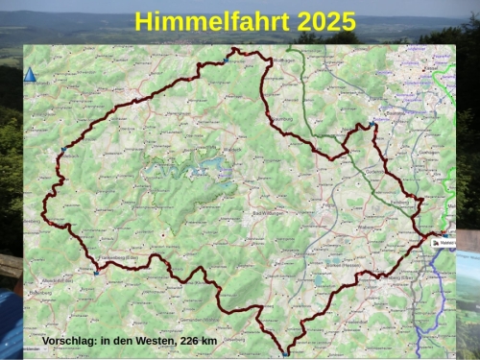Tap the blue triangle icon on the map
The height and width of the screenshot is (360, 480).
[x=30, y=74]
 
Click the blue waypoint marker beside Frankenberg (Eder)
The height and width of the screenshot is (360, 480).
[x=96, y=273]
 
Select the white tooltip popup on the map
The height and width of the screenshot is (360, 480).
[x=444, y=243]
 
